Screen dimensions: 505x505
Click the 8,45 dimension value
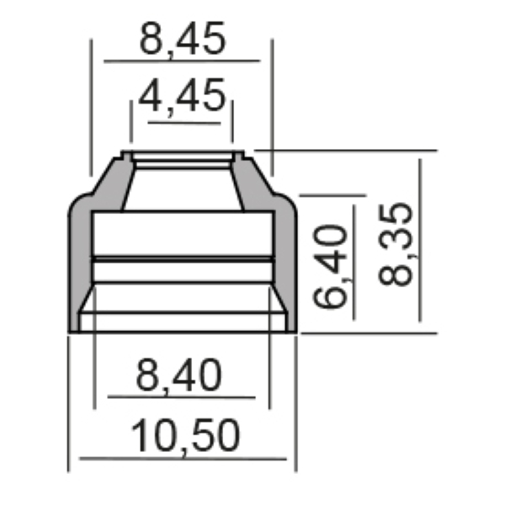pyautogui.click(x=183, y=40)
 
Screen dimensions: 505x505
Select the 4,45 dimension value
pyautogui.click(x=183, y=96)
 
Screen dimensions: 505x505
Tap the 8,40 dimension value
pyautogui.click(x=178, y=375)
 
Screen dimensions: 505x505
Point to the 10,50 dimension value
pyautogui.click(x=185, y=435)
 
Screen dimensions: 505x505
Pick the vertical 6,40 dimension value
pyautogui.click(x=330, y=267)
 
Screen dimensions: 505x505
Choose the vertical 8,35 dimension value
pyautogui.click(x=396, y=244)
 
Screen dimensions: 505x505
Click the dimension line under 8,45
pyautogui.click(x=182, y=61)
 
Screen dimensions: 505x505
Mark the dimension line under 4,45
pyautogui.click(x=184, y=123)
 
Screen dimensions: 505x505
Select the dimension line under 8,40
pyautogui.click(x=181, y=397)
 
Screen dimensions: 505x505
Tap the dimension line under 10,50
pyautogui.click(x=183, y=459)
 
